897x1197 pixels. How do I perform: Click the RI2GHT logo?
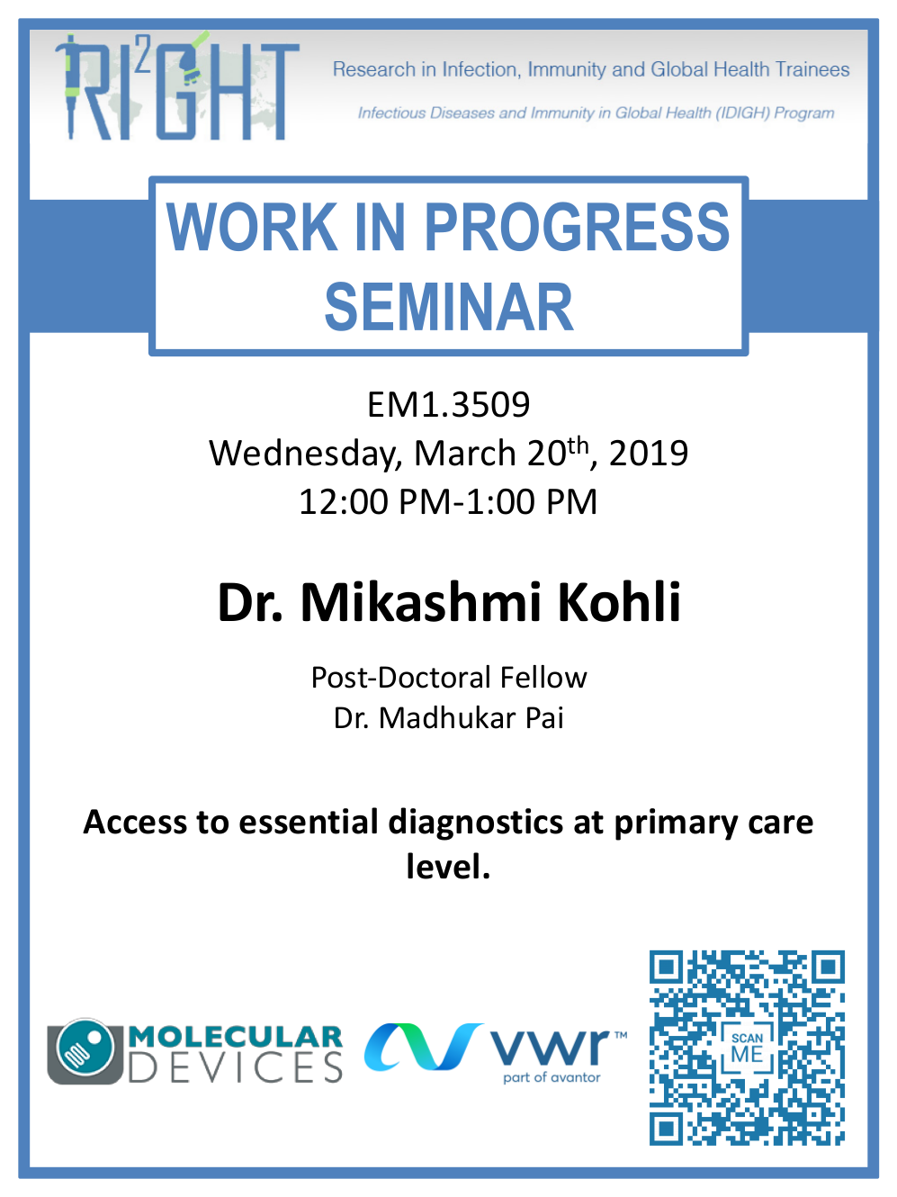click(177, 87)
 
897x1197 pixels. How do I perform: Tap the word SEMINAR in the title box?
click(449, 307)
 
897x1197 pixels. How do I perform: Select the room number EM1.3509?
click(448, 405)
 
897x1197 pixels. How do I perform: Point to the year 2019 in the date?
click(649, 453)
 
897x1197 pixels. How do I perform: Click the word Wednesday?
click(305, 454)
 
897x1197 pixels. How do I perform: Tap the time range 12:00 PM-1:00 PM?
click(448, 501)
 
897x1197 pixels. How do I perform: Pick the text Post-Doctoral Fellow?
click(449, 678)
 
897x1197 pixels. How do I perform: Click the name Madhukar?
click(446, 718)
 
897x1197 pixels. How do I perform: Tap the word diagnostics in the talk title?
click(475, 823)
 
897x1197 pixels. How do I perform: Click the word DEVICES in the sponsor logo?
click(236, 1068)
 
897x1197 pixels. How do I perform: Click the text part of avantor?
click(552, 1077)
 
